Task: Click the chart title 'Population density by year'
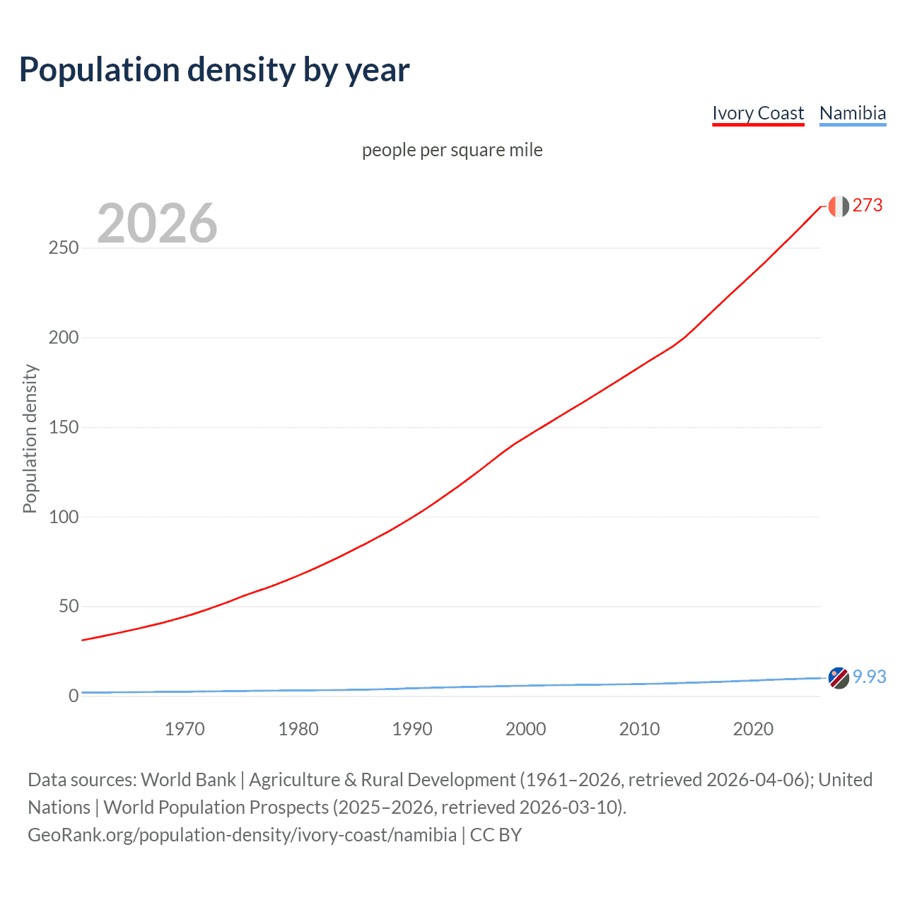[214, 70]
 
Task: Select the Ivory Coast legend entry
[758, 114]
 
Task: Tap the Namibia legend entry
[852, 114]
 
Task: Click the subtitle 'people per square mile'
[452, 151]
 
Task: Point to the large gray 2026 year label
[157, 223]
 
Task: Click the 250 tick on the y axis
[63, 248]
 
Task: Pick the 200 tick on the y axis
[63, 338]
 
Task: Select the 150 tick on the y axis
[63, 428]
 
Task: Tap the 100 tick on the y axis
[63, 517]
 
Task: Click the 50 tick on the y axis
[68, 607]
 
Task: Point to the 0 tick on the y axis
[74, 696]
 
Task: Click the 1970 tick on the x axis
[185, 729]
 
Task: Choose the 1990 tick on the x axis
[412, 729]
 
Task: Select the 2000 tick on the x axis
[525, 729]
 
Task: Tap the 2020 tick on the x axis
[753, 729]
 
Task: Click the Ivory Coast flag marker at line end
[839, 206]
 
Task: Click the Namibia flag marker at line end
[839, 677]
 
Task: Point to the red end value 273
[868, 206]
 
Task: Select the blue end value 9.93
[869, 677]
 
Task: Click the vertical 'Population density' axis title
[30, 438]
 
